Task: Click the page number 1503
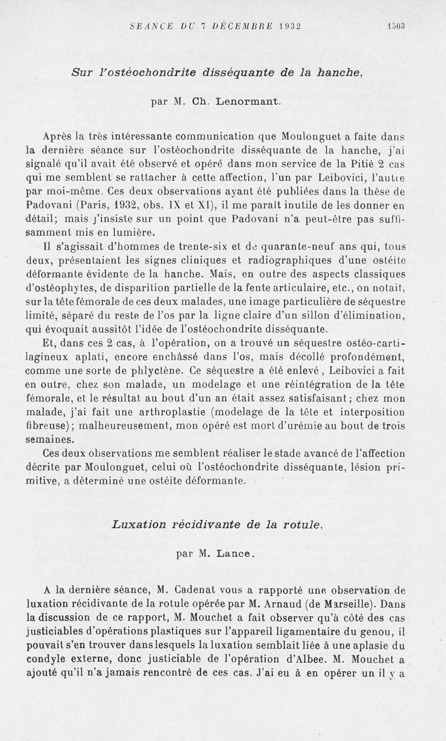pos(396,26)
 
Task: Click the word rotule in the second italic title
pos(304,524)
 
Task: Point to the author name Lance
pos(236,554)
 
